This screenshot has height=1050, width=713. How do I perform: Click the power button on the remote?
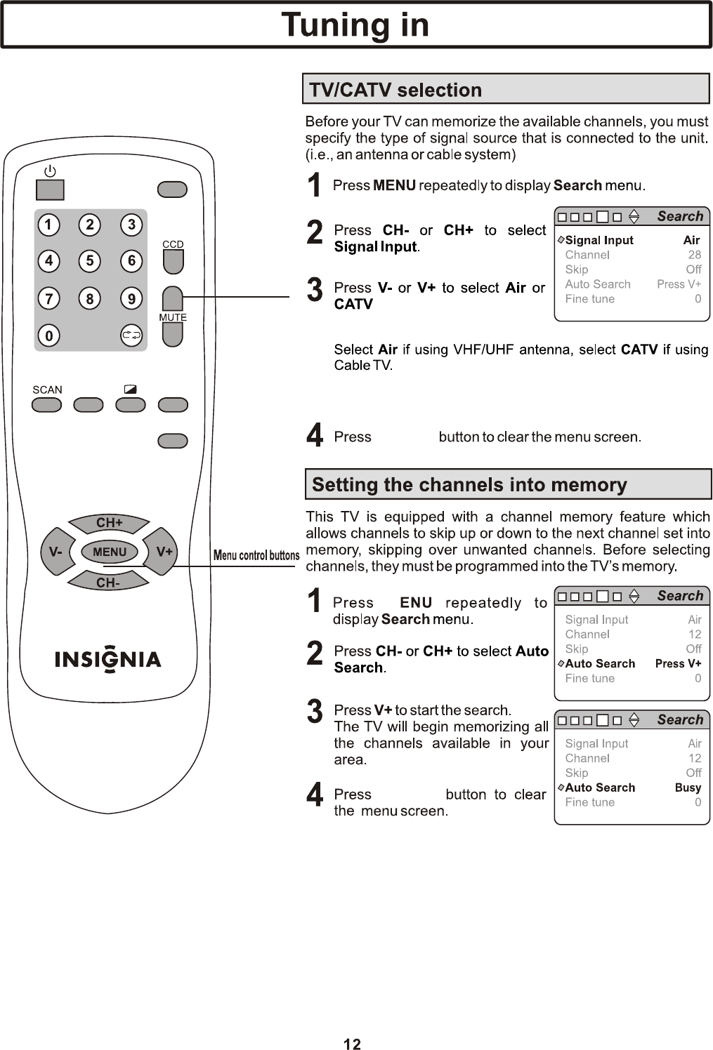(x=50, y=190)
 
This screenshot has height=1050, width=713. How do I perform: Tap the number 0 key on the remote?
(x=48, y=336)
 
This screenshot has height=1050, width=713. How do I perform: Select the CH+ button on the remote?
(x=109, y=523)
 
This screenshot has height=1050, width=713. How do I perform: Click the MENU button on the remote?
(x=110, y=552)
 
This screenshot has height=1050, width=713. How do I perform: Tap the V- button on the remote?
(x=55, y=552)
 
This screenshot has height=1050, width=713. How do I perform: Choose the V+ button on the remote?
(x=164, y=552)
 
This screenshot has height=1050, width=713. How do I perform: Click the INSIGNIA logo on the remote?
(x=108, y=660)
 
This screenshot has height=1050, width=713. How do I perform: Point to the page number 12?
(x=352, y=1044)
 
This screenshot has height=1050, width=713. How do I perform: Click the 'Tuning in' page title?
(x=355, y=25)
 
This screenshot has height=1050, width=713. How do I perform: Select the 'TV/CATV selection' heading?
(x=396, y=90)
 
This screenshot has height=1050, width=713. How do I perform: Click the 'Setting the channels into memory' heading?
(x=469, y=485)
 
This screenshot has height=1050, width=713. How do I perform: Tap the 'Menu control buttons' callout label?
(x=256, y=556)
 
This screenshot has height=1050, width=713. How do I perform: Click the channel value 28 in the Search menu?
(x=694, y=255)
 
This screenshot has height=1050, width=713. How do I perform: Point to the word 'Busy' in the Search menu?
(x=688, y=787)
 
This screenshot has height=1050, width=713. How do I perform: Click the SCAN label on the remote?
(x=47, y=390)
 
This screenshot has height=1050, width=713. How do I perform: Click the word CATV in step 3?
(x=353, y=305)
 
